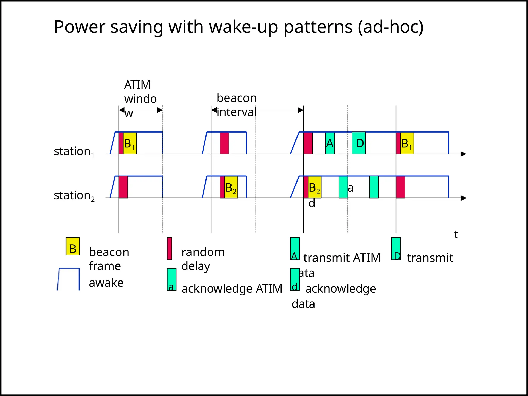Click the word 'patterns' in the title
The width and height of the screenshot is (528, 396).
(318, 27)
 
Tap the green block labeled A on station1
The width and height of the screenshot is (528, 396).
(330, 143)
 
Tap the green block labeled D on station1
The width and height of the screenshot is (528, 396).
(359, 143)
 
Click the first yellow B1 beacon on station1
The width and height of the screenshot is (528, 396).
(130, 143)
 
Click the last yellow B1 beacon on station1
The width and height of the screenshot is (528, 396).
(407, 143)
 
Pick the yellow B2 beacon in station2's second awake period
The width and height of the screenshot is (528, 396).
(231, 187)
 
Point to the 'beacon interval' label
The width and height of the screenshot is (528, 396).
(236, 105)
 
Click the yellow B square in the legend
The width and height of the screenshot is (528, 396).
(73, 246)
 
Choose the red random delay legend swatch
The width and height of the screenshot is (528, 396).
(169, 249)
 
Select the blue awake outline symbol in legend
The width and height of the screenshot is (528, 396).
(69, 279)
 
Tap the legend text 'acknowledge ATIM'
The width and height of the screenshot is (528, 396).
(232, 288)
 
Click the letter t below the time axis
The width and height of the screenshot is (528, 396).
(456, 235)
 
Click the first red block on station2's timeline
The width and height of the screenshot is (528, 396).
(123, 187)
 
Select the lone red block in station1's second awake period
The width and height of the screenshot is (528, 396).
(224, 143)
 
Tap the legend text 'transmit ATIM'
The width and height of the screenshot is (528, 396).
(342, 258)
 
